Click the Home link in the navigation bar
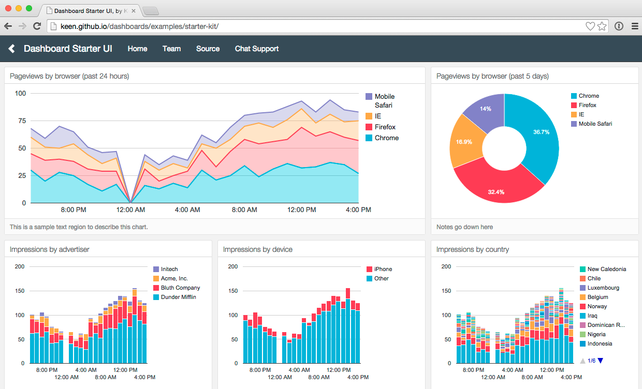tap(137, 49)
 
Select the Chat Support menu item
tap(257, 49)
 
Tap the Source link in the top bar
tap(208, 49)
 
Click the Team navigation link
tap(171, 49)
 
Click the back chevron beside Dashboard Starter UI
tap(12, 49)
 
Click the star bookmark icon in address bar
tap(602, 26)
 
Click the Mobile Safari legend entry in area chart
tap(384, 100)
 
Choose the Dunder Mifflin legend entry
tap(178, 297)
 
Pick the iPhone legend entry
tap(383, 269)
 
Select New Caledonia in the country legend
tap(606, 269)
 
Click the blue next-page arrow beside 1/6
tap(601, 361)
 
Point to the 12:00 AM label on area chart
tap(130, 210)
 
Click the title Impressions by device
tap(257, 249)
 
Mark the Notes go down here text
tap(464, 227)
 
